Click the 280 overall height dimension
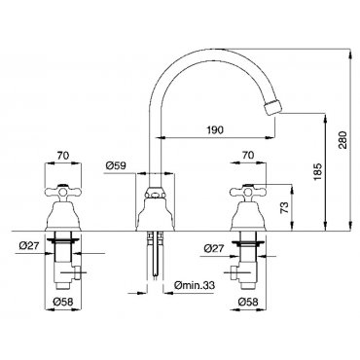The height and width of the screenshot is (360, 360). click(343, 140)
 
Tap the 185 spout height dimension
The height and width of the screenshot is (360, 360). click(318, 172)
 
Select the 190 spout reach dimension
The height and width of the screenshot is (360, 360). click(215, 130)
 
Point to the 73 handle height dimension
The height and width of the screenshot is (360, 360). click(284, 208)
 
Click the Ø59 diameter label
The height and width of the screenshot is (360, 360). click(116, 166)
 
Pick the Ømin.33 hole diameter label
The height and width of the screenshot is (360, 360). click(195, 285)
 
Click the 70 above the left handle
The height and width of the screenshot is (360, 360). click(63, 156)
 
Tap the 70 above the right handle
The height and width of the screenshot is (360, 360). click(248, 155)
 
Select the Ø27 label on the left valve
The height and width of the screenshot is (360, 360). click(29, 246)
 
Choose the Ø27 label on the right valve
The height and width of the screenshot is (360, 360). click(214, 248)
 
